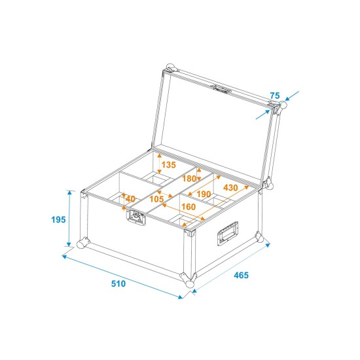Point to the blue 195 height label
[58, 220]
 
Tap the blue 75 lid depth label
[274, 96]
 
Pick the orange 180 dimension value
[189, 179]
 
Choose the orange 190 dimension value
[204, 194]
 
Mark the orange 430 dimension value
[231, 188]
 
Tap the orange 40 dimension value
[130, 198]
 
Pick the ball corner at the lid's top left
[171, 67]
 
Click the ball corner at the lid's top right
[279, 105]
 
